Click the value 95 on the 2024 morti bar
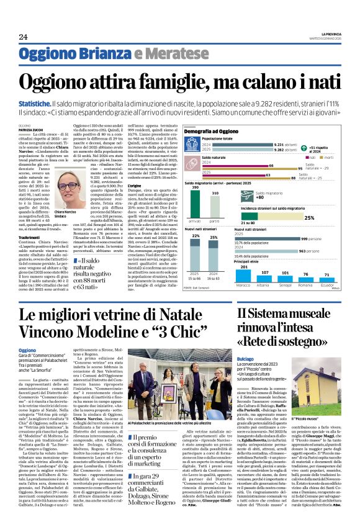tap(300, 168)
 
